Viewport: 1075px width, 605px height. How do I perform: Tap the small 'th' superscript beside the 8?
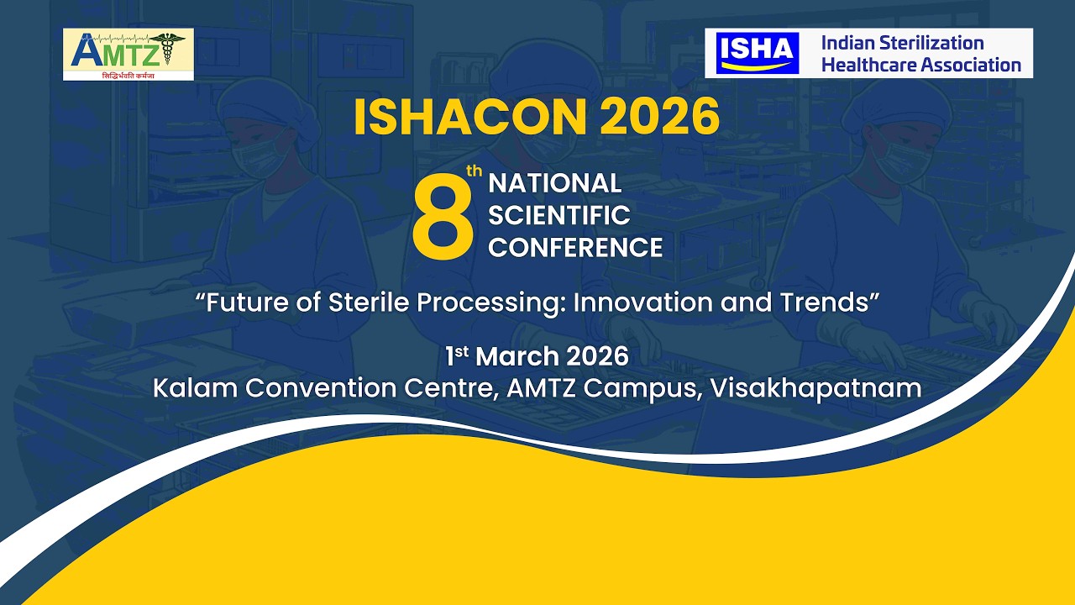click(x=475, y=171)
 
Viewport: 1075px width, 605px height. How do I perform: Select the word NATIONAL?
click(x=554, y=183)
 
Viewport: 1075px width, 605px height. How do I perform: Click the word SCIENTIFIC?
click(x=558, y=215)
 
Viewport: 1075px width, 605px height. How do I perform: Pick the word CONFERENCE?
click(x=575, y=248)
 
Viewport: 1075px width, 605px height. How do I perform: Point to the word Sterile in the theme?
click(x=369, y=302)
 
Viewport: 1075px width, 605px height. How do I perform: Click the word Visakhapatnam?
click(x=815, y=388)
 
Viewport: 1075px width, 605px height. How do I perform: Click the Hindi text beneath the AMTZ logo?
click(x=128, y=76)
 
